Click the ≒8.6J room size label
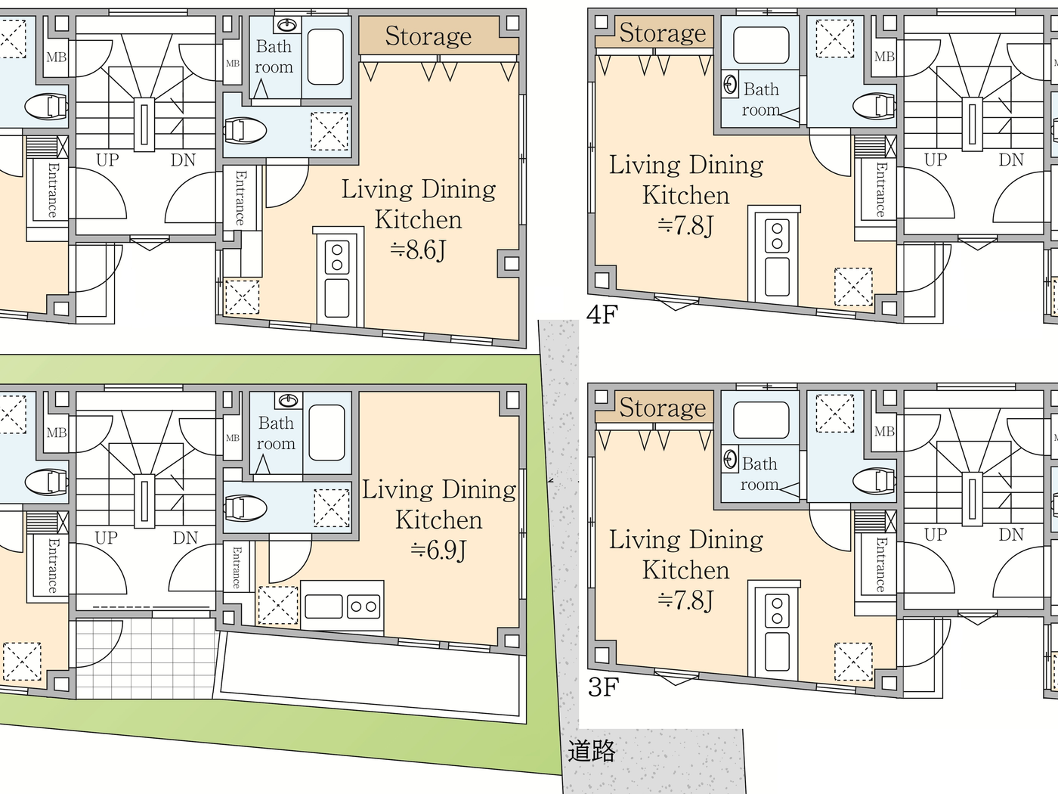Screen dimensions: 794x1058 pyautogui.click(x=418, y=250)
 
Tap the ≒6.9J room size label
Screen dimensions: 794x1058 pyautogui.click(x=438, y=550)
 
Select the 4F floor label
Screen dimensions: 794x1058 pyautogui.click(x=602, y=314)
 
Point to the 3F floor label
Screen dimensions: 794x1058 pyautogui.click(x=603, y=687)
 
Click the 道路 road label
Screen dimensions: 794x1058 pyautogui.click(x=592, y=751)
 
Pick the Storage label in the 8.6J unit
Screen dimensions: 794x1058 pyautogui.click(x=428, y=36)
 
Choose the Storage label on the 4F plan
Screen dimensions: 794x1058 pyautogui.click(x=662, y=33)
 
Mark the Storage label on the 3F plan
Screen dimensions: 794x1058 pyautogui.click(x=662, y=408)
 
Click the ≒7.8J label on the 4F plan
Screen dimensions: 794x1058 pyautogui.click(x=685, y=225)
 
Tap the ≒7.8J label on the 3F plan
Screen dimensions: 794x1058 pyautogui.click(x=685, y=600)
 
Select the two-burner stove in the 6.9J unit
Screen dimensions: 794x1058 pyautogui.click(x=363, y=606)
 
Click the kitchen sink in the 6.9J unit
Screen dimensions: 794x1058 pyautogui.click(x=323, y=606)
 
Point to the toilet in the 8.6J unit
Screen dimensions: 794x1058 pyautogui.click(x=246, y=130)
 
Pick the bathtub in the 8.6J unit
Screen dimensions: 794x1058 pyautogui.click(x=326, y=57)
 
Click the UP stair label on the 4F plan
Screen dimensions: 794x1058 pyautogui.click(x=935, y=160)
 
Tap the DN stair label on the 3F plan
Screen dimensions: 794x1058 pyautogui.click(x=1011, y=535)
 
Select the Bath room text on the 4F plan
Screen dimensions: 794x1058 pyautogui.click(x=760, y=99)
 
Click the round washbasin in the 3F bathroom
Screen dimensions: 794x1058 pyautogui.click(x=730, y=459)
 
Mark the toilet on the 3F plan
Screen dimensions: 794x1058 pyautogui.click(x=874, y=480)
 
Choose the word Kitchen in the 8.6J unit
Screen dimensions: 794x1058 pyautogui.click(x=418, y=219)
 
